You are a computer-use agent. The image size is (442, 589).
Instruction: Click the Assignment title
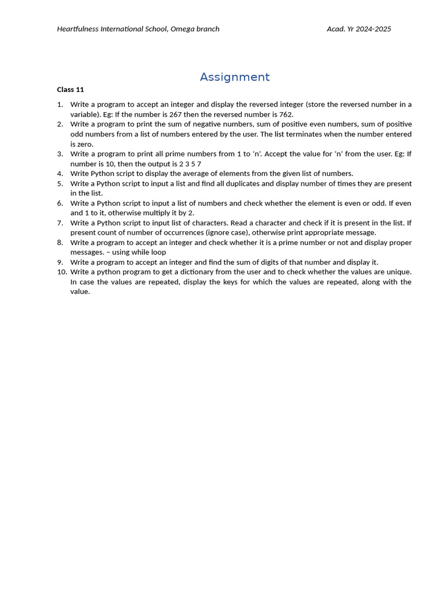coord(234,77)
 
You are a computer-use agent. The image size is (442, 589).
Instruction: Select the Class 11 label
coord(70,90)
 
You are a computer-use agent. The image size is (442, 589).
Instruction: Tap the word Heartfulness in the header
coord(78,29)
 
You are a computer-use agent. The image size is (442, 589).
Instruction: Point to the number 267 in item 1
coord(176,114)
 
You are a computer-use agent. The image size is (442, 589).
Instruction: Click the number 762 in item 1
coord(285,114)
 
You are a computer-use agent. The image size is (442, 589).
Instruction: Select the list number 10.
coord(62,272)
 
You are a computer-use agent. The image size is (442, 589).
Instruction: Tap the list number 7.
coord(60,223)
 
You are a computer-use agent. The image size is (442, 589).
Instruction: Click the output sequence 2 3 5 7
coord(190,164)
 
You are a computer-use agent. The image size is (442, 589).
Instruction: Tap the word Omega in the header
coord(182,29)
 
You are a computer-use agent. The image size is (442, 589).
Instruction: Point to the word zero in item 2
coord(85,144)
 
